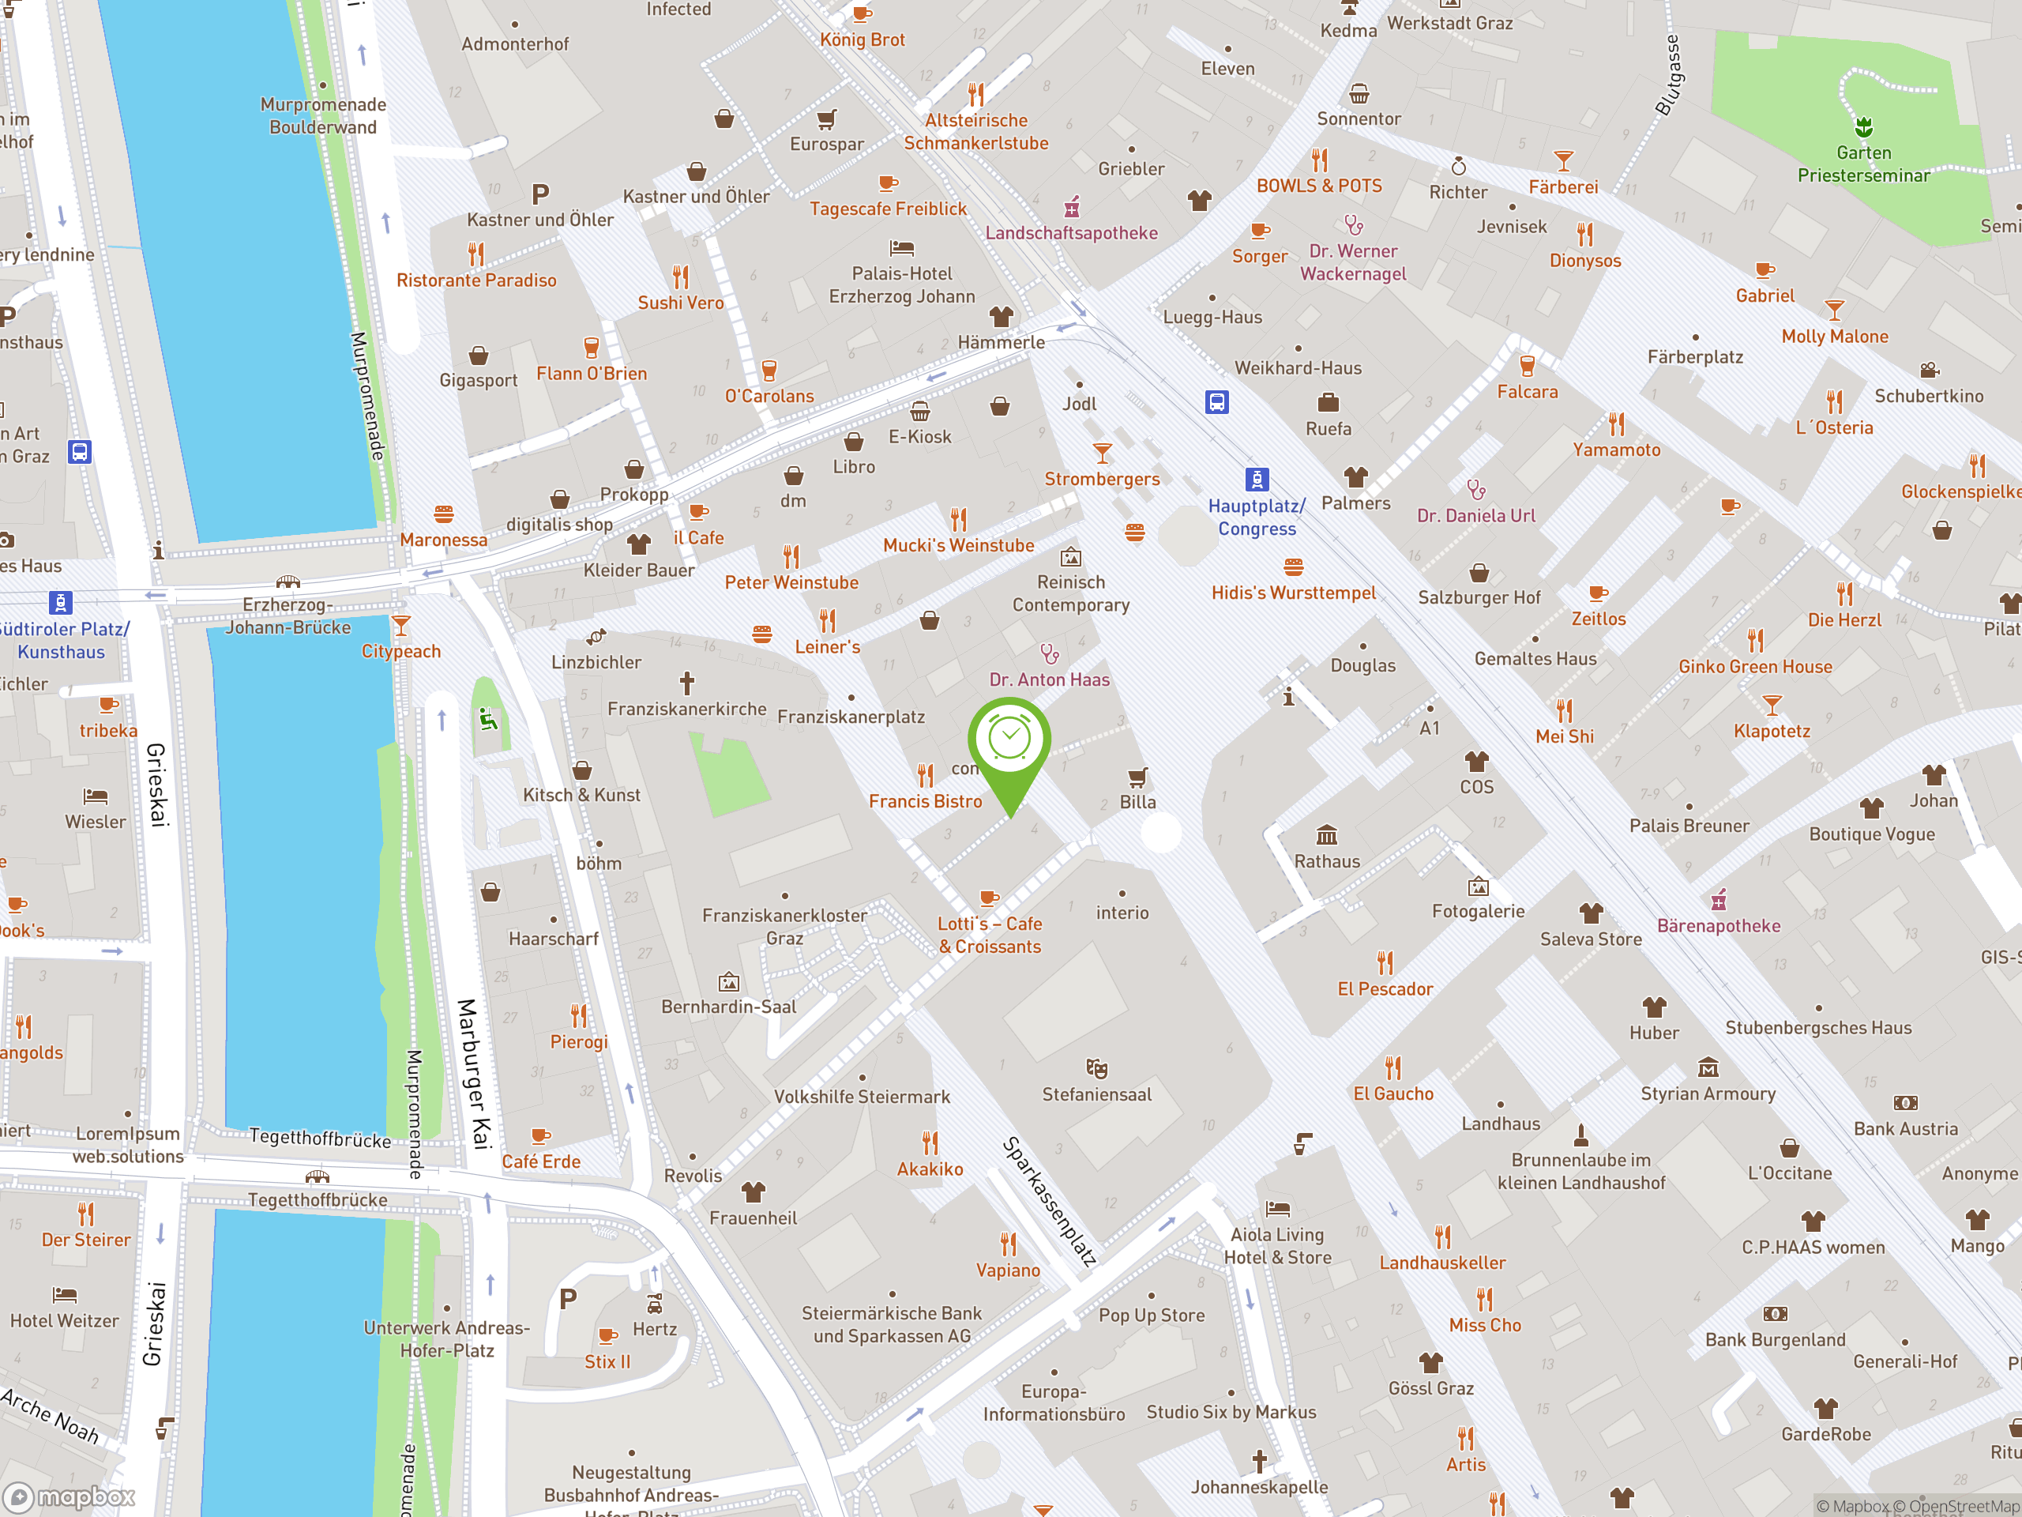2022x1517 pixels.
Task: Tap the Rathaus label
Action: tap(1326, 861)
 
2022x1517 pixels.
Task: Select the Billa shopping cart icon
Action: tap(1137, 777)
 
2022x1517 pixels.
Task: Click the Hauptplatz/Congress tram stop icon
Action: tap(1257, 479)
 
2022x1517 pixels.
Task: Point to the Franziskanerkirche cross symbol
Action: tap(686, 682)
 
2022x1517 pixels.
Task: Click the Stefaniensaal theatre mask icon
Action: tap(1096, 1068)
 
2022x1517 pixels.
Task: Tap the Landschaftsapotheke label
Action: tap(1071, 233)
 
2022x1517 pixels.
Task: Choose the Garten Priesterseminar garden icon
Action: tap(1864, 126)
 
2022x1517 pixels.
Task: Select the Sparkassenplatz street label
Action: tap(1050, 1201)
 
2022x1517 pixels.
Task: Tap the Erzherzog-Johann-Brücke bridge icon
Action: tap(288, 582)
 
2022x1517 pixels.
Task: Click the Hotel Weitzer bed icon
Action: tap(65, 1295)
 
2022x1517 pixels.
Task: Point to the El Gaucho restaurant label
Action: tap(1393, 1094)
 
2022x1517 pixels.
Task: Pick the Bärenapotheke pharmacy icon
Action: tap(1719, 901)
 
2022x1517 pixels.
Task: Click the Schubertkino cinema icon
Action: tap(1929, 371)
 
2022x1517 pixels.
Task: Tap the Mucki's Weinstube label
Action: tap(958, 546)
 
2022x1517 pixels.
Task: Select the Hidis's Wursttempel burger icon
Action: tap(1292, 567)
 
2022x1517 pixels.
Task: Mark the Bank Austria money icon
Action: tap(1905, 1104)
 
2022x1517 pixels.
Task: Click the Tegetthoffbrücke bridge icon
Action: tap(318, 1176)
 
